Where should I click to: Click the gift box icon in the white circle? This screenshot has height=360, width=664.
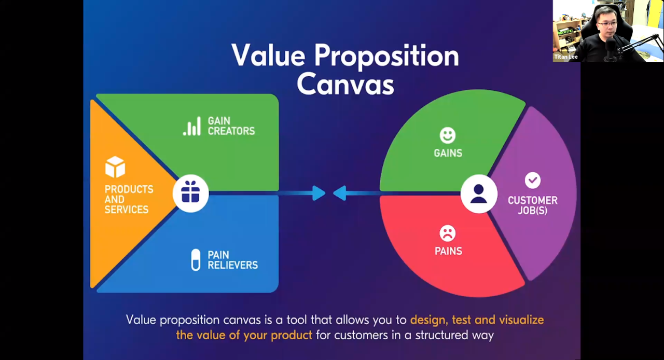tap(190, 192)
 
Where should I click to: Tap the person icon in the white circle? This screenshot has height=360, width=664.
tap(478, 193)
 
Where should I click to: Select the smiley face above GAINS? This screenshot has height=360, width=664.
tap(448, 135)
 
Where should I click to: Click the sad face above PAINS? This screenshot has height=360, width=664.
tap(448, 233)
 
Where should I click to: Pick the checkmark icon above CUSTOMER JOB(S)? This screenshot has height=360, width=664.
tap(533, 181)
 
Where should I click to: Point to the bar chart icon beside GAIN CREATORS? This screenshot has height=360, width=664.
tap(192, 126)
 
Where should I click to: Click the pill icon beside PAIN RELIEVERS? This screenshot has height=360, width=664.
tap(196, 260)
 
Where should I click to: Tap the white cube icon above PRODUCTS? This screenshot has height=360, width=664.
tap(115, 167)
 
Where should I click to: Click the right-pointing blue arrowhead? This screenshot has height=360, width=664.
tap(319, 193)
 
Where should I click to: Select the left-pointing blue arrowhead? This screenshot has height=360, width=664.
tap(340, 193)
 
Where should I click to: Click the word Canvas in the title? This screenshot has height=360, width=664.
tap(345, 84)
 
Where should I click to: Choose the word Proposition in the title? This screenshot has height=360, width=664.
tap(386, 56)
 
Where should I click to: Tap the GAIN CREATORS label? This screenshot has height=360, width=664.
tap(231, 126)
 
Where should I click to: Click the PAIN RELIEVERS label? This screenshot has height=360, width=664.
tap(233, 260)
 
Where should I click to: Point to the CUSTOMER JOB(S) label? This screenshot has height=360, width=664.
tap(533, 205)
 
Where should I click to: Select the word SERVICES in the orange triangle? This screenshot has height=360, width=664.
tap(126, 210)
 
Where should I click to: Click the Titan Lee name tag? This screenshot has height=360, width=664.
tap(566, 57)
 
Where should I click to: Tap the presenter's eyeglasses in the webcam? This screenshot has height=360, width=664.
tap(607, 24)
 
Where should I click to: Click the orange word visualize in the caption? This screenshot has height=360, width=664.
tap(521, 320)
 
